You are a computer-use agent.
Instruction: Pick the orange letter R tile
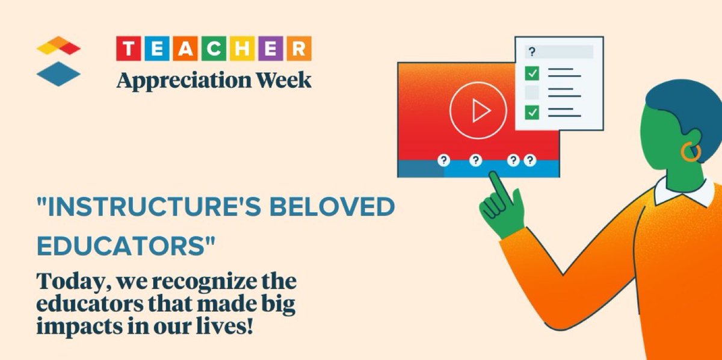299,49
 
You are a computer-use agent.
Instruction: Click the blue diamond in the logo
58,74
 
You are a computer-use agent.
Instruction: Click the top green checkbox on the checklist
532,74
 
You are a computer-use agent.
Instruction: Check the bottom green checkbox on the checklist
532,111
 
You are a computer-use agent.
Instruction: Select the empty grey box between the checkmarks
532,93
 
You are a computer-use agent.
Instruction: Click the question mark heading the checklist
532,52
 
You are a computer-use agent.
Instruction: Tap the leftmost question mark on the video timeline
443,160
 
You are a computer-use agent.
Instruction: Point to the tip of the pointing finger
493,175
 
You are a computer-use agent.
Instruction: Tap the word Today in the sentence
72,282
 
